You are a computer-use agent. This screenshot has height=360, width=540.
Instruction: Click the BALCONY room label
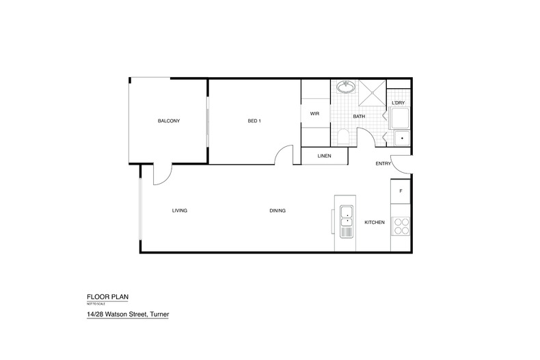(x=169, y=121)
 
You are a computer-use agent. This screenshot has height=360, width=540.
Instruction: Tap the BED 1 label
(x=254, y=121)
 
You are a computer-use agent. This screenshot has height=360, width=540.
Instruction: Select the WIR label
(x=314, y=113)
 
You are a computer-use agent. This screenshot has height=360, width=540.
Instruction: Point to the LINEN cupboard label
(x=325, y=156)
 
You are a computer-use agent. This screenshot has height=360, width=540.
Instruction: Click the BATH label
(x=359, y=116)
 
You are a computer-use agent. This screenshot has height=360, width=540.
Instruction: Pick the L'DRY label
(x=399, y=103)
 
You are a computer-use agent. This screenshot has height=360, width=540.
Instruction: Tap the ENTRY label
(x=383, y=164)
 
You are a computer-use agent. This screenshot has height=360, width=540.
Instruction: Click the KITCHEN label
(x=375, y=222)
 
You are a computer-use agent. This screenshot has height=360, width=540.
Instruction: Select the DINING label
(x=278, y=210)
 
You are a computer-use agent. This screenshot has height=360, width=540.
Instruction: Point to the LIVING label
(x=180, y=210)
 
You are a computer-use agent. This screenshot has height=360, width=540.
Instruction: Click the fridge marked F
(x=401, y=191)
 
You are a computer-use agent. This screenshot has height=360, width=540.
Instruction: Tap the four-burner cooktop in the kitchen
(x=401, y=227)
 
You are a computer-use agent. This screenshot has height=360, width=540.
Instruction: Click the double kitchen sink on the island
(x=347, y=221)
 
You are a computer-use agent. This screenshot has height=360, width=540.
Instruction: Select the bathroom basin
(x=346, y=87)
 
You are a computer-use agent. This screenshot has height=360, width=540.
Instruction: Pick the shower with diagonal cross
(x=373, y=93)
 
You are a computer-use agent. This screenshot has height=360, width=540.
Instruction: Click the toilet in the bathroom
(x=343, y=137)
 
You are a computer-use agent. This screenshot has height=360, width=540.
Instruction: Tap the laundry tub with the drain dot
(x=402, y=139)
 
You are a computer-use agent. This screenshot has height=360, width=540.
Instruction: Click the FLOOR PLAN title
(x=107, y=297)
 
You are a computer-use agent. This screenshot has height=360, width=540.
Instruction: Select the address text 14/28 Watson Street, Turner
(x=128, y=314)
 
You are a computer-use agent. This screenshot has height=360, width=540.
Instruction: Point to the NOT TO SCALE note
(x=96, y=304)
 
